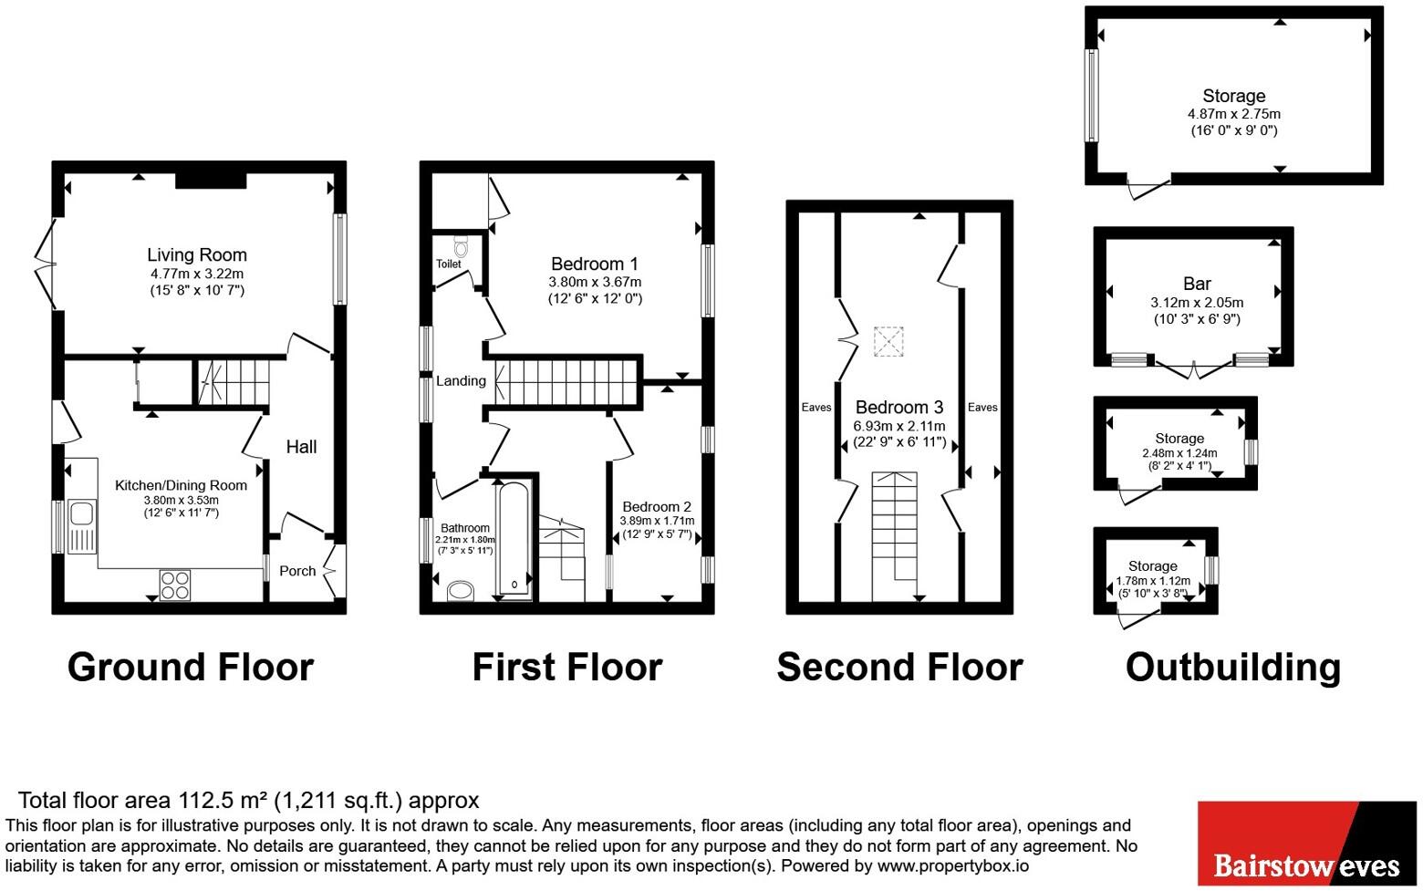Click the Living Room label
197,255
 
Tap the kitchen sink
82,526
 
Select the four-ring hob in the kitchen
175,585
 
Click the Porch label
297,571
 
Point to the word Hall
301,447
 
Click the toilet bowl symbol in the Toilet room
462,246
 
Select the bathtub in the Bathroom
514,540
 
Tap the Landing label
461,381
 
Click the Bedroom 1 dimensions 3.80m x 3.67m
596,282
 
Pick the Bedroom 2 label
657,507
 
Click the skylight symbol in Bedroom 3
888,342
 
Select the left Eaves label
816,407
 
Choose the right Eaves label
982,407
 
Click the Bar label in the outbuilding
1197,284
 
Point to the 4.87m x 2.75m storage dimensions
1234,114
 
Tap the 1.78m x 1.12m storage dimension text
1153,580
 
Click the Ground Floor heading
191,668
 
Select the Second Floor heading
899,668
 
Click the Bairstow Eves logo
1307,844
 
